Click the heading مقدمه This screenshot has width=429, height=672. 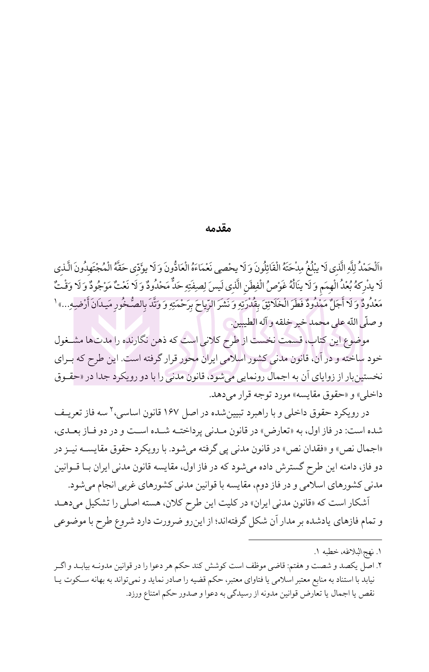[218, 229]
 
